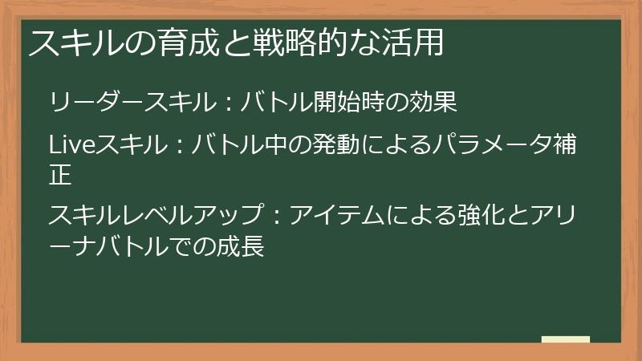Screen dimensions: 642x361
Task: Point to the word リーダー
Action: coord(95,103)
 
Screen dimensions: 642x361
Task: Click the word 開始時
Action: coord(349,103)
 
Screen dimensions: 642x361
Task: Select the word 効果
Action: coord(433,103)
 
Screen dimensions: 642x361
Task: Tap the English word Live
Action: coord(72,144)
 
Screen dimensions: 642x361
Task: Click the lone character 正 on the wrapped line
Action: coord(61,174)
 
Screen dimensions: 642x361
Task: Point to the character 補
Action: coord(565,144)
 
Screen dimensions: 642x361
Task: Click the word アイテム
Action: coord(336,215)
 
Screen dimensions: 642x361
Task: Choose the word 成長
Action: coord(241,245)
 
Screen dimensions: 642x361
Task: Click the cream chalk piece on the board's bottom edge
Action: coord(566,339)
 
